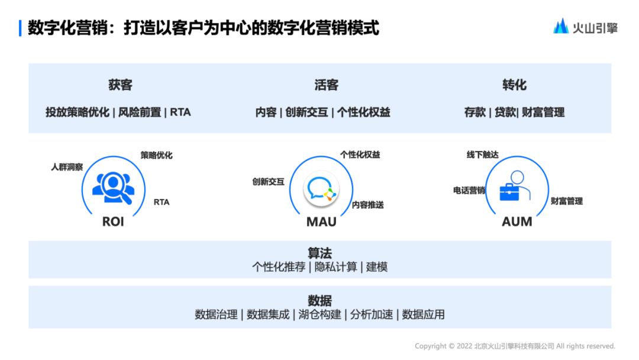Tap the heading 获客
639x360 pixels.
click(120, 85)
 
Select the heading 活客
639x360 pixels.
click(326, 85)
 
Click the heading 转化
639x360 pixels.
click(514, 85)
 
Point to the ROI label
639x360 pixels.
click(113, 222)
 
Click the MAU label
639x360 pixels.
click(321, 222)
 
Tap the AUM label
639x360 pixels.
click(517, 222)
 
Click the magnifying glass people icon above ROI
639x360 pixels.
click(112, 188)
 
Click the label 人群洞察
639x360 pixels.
click(67, 168)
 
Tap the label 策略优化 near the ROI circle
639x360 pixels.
click(156, 155)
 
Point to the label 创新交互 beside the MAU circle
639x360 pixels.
click(268, 182)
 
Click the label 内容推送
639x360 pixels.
click(367, 205)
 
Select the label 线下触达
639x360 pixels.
click(482, 155)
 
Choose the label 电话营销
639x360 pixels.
click(469, 191)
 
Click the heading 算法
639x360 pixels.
click(319, 253)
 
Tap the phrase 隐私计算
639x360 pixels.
click(335, 267)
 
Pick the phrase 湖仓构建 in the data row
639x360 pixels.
click(319, 314)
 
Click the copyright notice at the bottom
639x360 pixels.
click(515, 346)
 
